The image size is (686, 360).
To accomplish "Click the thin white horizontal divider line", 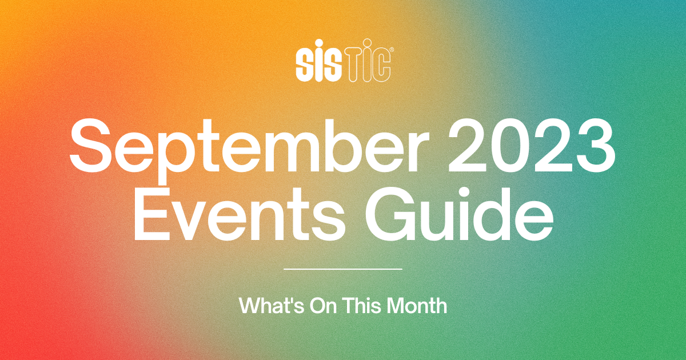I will pyautogui.click(x=343, y=269).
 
